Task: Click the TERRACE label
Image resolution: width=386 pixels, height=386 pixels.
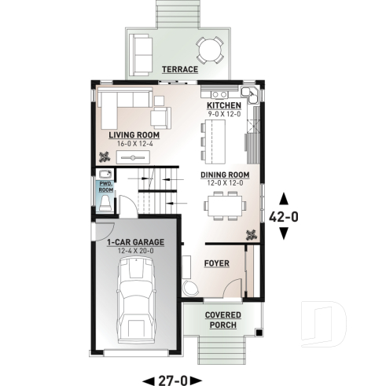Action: pos(179,69)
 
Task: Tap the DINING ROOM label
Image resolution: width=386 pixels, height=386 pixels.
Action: pos(225,175)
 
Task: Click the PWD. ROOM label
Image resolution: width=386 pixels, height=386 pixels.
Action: pos(105,186)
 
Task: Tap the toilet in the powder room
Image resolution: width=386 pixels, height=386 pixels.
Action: pos(105,204)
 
